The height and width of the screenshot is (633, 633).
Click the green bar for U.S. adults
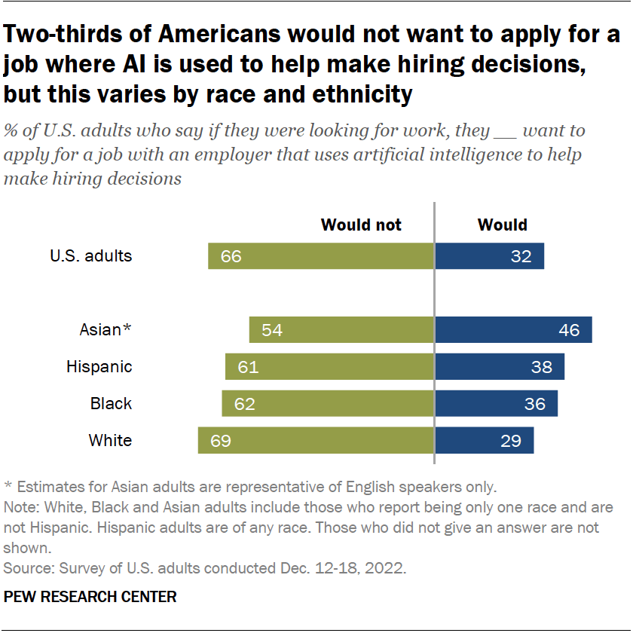pyautogui.click(x=322, y=256)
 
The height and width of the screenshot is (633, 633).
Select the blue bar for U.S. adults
pyautogui.click(x=489, y=256)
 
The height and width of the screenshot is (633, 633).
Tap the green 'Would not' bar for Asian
pyautogui.click(x=342, y=330)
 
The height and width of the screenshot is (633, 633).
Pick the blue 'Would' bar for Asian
pyautogui.click(x=513, y=330)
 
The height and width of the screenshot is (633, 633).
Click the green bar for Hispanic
pyautogui.click(x=330, y=367)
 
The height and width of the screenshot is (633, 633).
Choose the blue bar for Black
pyautogui.click(x=496, y=404)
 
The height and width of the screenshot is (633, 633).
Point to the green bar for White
pyautogui.click(x=316, y=440)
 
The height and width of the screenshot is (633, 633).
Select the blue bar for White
pyautogui.click(x=485, y=440)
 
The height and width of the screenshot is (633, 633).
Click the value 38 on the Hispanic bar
pyautogui.click(x=541, y=367)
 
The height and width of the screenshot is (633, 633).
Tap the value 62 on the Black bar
pyautogui.click(x=245, y=404)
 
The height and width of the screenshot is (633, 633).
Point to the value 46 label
pyautogui.click(x=569, y=330)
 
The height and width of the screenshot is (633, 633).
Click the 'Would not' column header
pyautogui.click(x=362, y=225)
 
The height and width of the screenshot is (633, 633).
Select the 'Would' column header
pyautogui.click(x=503, y=225)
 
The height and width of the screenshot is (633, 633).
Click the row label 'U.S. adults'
pyautogui.click(x=91, y=256)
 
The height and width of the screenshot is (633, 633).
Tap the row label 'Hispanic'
pyautogui.click(x=99, y=367)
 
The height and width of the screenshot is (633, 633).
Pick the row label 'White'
pyautogui.click(x=110, y=440)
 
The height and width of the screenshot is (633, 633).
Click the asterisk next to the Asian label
pyautogui.click(x=127, y=328)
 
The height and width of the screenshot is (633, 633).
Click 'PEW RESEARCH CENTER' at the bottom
pyautogui.click(x=90, y=598)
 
